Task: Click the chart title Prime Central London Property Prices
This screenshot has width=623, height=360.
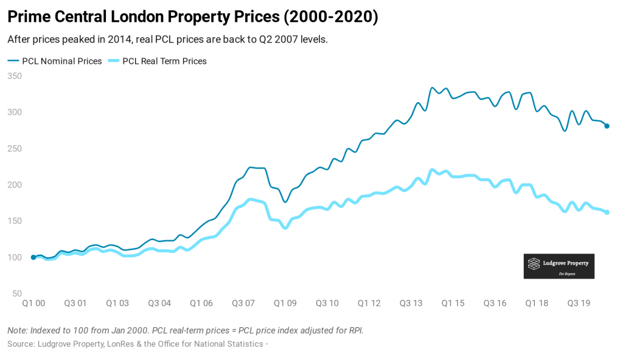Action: click(x=193, y=17)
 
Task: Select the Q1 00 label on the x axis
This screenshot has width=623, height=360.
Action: click(x=33, y=303)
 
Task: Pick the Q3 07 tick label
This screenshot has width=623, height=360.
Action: click(x=243, y=303)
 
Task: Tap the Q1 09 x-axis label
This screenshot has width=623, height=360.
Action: click(x=285, y=303)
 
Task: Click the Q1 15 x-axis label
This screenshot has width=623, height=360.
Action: click(x=453, y=303)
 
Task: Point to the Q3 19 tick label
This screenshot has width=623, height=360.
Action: click(x=578, y=303)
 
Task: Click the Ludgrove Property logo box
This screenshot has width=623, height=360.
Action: click(x=559, y=266)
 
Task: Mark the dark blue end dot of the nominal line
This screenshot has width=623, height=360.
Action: click(x=607, y=126)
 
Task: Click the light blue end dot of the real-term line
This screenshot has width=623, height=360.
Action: click(x=607, y=212)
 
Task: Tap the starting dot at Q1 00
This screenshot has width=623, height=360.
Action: click(x=33, y=257)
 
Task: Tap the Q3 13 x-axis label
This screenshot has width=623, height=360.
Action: click(x=411, y=303)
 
